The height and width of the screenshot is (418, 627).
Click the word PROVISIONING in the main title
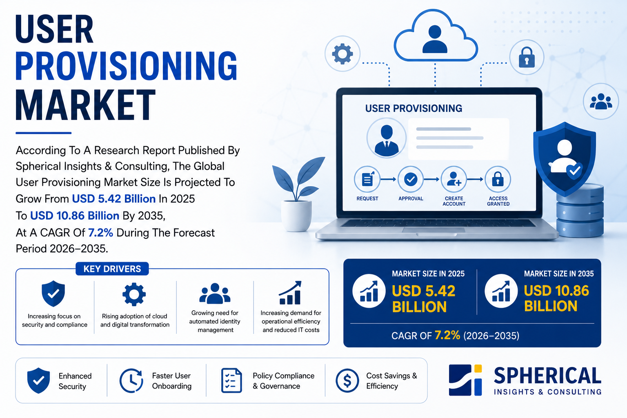click(127, 66)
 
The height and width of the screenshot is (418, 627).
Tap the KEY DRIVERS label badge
click(112, 269)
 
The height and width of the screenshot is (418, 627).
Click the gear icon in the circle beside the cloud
click(342, 54)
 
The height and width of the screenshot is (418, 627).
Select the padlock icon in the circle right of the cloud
click(527, 58)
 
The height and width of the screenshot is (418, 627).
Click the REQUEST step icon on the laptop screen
click(367, 179)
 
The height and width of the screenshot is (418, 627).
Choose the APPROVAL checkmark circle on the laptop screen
click(411, 179)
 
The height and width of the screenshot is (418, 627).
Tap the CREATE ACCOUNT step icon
click(454, 179)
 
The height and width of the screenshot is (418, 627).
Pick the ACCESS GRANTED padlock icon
click(498, 179)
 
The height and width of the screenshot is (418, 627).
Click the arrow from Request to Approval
click(389, 179)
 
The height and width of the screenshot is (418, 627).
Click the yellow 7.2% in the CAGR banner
click(447, 335)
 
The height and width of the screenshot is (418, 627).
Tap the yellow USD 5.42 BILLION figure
click(423, 299)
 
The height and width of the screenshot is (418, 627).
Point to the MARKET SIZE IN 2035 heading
click(559, 273)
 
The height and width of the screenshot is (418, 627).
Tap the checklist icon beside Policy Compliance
click(231, 380)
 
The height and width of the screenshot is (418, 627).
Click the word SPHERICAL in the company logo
click(547, 376)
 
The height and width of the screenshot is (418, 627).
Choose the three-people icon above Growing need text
click(215, 293)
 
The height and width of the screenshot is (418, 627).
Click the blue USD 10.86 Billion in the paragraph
click(75, 216)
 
